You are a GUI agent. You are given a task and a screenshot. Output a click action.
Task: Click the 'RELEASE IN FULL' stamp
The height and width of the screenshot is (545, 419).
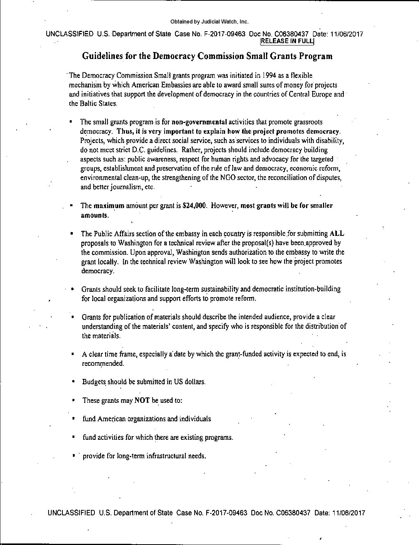click(288, 41)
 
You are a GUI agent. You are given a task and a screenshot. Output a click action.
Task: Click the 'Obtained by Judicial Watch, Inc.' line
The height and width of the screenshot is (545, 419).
click(209, 22)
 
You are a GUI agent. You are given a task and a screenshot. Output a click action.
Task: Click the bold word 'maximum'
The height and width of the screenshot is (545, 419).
click(109, 205)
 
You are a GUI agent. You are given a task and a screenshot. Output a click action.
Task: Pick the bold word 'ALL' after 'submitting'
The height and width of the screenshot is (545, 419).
click(337, 234)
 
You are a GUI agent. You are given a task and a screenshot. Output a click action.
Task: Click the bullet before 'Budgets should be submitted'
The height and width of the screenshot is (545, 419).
click(73, 382)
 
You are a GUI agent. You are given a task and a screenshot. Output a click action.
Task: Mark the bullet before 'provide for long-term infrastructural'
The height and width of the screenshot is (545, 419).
click(73, 456)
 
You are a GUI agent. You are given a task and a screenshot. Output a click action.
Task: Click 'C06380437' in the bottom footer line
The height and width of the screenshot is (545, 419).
click(293, 513)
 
